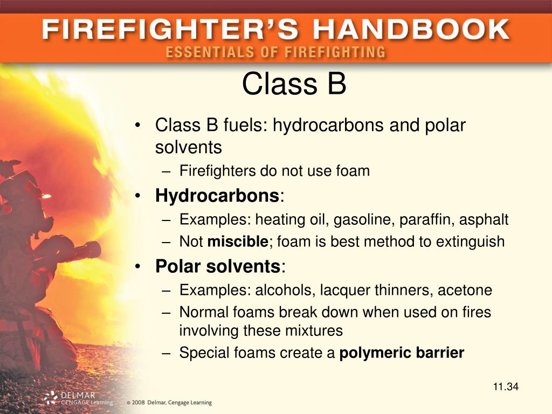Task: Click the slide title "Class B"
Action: [294, 84]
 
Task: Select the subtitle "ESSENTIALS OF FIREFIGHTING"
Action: [275, 52]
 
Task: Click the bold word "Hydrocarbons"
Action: [217, 195]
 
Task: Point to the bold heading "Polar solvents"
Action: [218, 266]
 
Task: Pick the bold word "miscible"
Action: [238, 241]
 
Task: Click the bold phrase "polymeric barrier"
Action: [402, 353]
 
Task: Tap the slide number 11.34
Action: [505, 387]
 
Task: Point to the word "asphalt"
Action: [484, 220]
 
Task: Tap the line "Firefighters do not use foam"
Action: [274, 171]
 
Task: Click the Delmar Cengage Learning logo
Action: [79, 398]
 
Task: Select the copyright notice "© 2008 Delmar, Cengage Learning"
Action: [169, 403]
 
